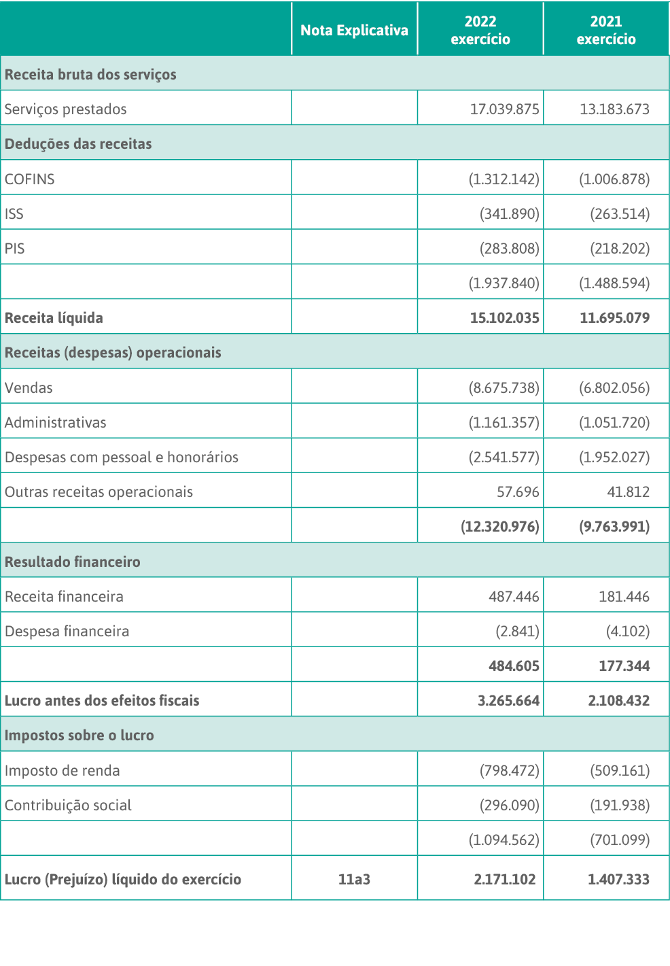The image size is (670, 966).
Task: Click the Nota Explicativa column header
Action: point(354,31)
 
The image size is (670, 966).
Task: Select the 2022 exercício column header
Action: point(480,31)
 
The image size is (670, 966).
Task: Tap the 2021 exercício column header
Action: point(606,31)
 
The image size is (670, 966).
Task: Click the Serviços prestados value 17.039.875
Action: point(504,109)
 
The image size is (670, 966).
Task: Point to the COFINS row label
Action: point(30,179)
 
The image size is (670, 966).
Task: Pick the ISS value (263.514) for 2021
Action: point(619,214)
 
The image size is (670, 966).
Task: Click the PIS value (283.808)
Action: point(509,249)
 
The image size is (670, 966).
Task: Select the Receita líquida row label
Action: point(54,318)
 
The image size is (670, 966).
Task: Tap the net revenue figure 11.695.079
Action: point(614,318)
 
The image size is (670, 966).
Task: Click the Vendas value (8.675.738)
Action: point(504,388)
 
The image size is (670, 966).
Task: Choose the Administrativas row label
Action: point(56,423)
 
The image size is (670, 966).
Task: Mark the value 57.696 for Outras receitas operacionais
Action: point(518,492)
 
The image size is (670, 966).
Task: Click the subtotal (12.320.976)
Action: point(500,527)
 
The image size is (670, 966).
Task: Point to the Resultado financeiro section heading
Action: point(73,562)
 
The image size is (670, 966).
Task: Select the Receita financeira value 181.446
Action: point(624,597)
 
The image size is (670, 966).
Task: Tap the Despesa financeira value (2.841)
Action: point(517,632)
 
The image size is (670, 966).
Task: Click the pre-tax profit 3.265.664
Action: point(508,701)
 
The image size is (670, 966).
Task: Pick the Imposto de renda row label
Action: point(63,771)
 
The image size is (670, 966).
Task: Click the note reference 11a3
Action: point(354,880)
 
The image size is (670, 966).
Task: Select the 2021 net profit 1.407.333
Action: point(618,880)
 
